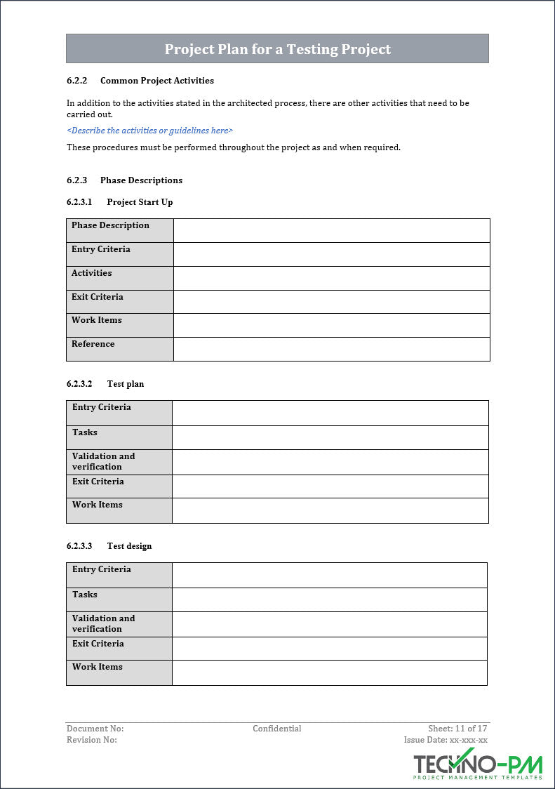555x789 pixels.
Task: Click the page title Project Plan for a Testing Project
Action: (277, 49)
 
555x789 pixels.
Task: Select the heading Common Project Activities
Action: (156, 81)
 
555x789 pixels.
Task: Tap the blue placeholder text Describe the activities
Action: (149, 131)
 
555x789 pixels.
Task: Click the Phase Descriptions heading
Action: (141, 180)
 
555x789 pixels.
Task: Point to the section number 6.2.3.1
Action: (79, 202)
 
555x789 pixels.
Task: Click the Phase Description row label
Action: (110, 225)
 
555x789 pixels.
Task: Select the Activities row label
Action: (91, 273)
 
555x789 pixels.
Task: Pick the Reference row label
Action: (93, 344)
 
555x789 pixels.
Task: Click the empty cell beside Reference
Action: (331, 349)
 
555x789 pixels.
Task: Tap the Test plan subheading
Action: (125, 384)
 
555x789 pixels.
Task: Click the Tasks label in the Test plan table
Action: (85, 432)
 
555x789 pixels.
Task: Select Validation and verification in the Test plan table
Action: (103, 461)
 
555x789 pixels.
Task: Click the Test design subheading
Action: (129, 546)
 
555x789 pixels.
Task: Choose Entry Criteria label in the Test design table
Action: (101, 569)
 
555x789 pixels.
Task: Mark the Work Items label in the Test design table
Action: (97, 667)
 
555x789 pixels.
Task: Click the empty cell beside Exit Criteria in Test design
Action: (329, 648)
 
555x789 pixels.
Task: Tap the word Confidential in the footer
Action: (277, 729)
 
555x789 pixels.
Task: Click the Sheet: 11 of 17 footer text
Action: (457, 729)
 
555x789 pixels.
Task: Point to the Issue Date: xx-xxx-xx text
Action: (446, 740)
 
